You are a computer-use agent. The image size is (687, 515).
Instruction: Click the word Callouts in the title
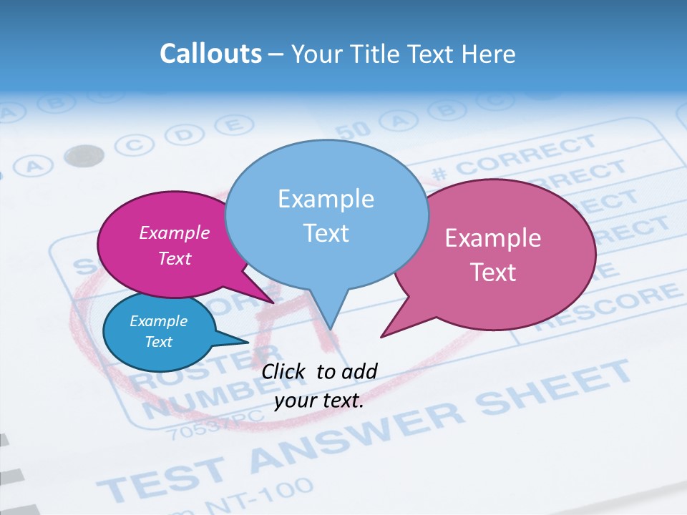click(x=210, y=54)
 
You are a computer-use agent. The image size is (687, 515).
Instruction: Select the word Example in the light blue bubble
click(x=326, y=198)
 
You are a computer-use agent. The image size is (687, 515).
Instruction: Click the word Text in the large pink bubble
click(x=493, y=273)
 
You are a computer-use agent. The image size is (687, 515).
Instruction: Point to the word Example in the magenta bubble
click(x=174, y=232)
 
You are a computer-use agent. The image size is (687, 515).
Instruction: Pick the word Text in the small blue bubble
click(x=158, y=342)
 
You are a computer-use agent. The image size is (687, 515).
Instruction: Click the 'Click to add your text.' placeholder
click(x=319, y=386)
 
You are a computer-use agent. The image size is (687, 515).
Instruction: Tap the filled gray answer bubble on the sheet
click(x=84, y=155)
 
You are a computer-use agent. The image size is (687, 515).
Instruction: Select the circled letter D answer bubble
click(x=184, y=134)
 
